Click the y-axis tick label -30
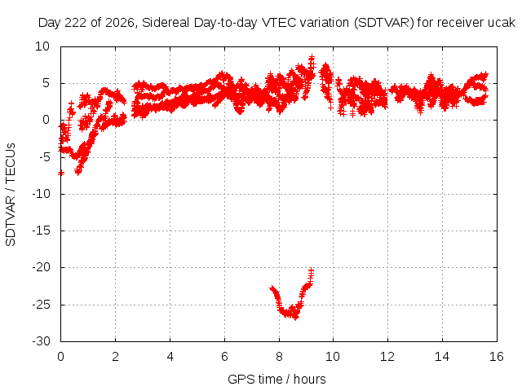click(x=41, y=341)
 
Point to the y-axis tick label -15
click(x=41, y=231)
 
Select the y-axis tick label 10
click(x=42, y=46)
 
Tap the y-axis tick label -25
click(x=41, y=305)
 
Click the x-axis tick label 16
click(x=497, y=357)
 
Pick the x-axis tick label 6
click(x=225, y=357)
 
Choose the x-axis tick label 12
click(x=387, y=357)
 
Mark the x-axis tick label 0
click(x=60, y=357)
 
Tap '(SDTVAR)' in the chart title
click(x=384, y=23)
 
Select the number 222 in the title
click(x=76, y=23)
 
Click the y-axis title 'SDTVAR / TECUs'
click(x=11, y=195)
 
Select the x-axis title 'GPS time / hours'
click(x=276, y=380)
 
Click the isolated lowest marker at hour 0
click(x=61, y=173)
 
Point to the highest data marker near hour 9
click(x=312, y=58)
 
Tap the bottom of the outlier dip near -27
click(x=295, y=317)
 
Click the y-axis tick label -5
click(x=45, y=157)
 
